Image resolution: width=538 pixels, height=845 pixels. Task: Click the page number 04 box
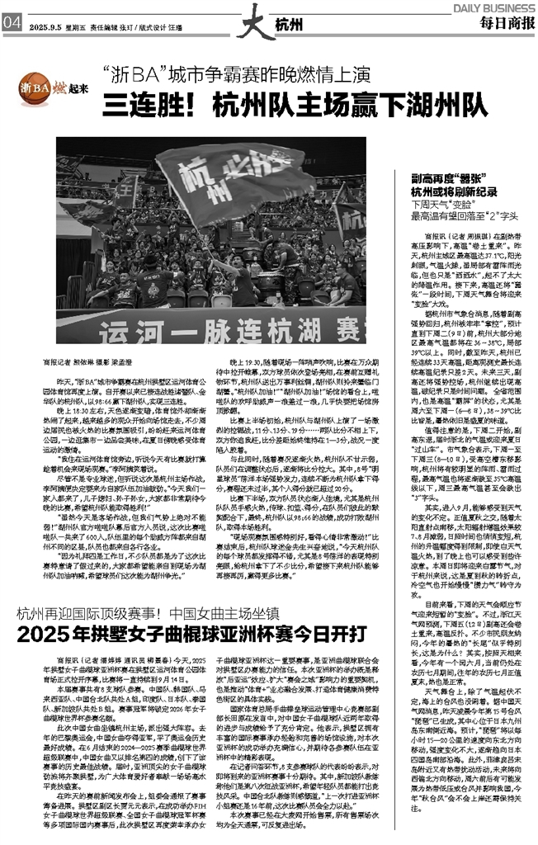click(11, 23)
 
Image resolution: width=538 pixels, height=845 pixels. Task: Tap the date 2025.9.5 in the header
click(45, 26)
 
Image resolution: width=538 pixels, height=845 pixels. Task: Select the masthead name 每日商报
click(506, 23)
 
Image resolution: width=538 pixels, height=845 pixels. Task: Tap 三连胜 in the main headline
click(149, 106)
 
